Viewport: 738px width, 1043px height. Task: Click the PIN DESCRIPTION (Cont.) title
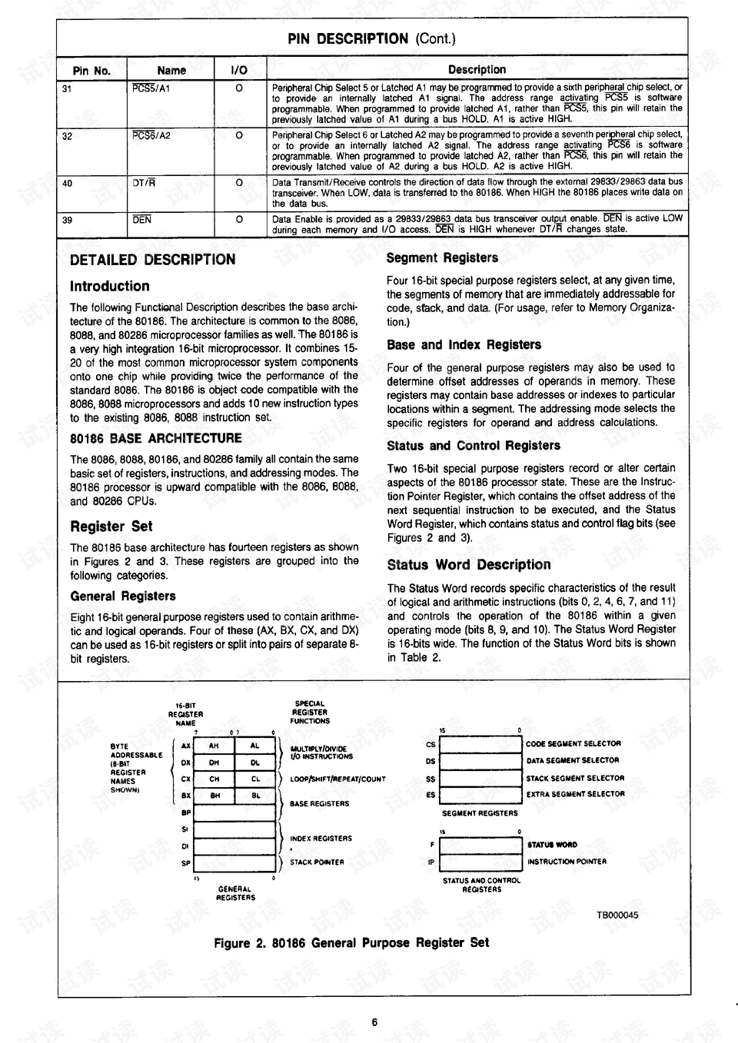(371, 38)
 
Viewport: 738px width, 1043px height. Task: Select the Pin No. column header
(91, 70)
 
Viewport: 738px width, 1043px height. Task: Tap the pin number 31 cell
(68, 89)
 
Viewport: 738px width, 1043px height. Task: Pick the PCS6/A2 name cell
(151, 135)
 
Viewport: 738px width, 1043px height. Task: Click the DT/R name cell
(144, 183)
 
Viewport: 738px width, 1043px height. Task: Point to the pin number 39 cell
(68, 220)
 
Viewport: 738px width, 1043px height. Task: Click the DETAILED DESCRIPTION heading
(152, 260)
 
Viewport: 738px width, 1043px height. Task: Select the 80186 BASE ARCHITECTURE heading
(155, 438)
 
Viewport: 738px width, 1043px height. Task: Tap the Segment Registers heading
(442, 257)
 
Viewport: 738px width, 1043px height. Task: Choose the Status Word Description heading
(468, 565)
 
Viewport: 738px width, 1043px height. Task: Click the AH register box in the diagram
(214, 746)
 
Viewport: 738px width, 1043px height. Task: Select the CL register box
(255, 779)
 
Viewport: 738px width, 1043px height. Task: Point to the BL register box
(255, 796)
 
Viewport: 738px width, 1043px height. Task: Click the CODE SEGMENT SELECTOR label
(573, 744)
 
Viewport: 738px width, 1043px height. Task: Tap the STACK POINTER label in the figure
(317, 862)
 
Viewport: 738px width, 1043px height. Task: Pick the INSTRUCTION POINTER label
(567, 862)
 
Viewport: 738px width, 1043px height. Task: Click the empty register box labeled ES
(480, 795)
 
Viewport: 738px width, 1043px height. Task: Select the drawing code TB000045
(617, 915)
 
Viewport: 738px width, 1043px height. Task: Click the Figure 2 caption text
(351, 943)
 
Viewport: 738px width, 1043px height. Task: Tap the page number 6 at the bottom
(374, 1022)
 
